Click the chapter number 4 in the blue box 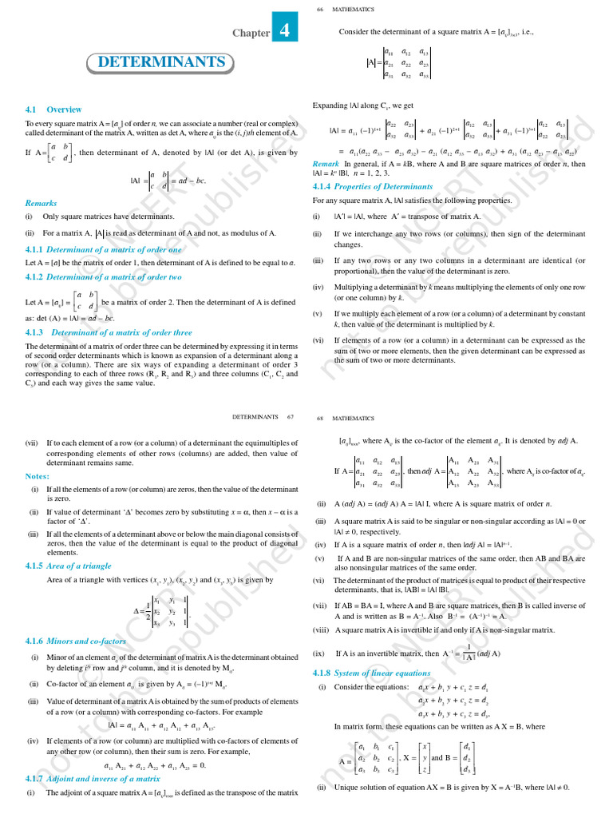(x=286, y=31)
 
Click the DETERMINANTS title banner (x=160, y=62)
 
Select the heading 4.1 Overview (x=53, y=109)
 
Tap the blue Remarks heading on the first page (x=42, y=203)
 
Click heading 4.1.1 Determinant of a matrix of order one (x=104, y=249)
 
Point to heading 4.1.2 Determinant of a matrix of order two (x=104, y=276)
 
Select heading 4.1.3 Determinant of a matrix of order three (x=109, y=332)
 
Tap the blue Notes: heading (x=38, y=476)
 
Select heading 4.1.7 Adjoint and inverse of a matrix (x=93, y=778)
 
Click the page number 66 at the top (x=319, y=9)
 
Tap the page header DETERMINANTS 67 (x=263, y=417)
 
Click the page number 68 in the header (x=319, y=417)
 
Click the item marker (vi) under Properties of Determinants (x=318, y=340)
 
